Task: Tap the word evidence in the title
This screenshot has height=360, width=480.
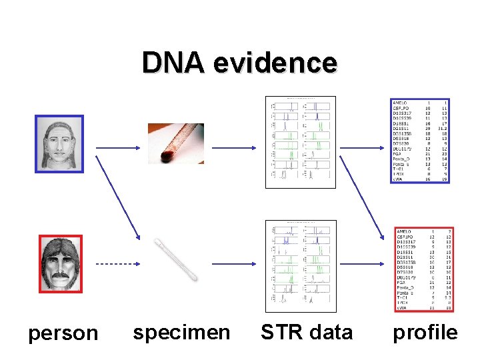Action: click(275, 63)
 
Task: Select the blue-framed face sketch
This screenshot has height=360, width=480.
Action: click(59, 144)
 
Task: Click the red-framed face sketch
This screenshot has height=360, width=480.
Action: click(59, 264)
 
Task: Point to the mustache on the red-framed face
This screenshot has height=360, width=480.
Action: click(60, 273)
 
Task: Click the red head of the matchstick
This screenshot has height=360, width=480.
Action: click(167, 157)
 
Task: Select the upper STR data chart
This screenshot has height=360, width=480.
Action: click(300, 142)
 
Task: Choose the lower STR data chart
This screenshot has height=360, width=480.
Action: click(300, 266)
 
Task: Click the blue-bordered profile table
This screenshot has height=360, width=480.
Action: click(419, 140)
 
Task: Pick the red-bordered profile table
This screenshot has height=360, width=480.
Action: click(423, 269)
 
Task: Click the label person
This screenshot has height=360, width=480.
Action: click(63, 333)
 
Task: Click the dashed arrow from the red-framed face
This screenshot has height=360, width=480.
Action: click(113, 264)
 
